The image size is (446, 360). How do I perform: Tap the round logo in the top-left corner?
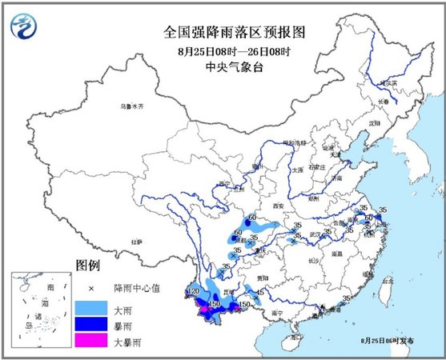click(x=26, y=27)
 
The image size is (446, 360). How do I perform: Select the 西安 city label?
click(x=278, y=206)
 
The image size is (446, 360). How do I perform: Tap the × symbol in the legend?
click(x=92, y=286)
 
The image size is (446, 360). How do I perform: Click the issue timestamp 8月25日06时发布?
click(x=388, y=341)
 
